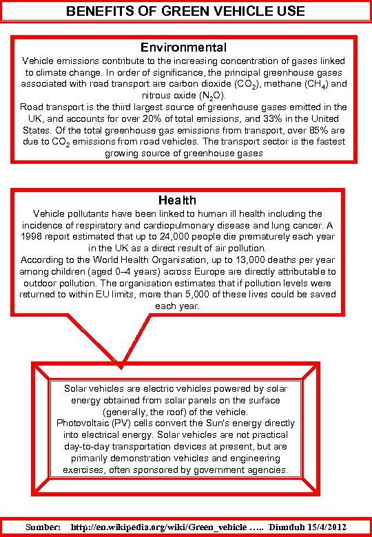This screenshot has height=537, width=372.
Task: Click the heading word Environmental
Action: (x=183, y=48)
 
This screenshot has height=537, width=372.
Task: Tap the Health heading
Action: (x=177, y=200)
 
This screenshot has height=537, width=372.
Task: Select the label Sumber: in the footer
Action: (x=43, y=526)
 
